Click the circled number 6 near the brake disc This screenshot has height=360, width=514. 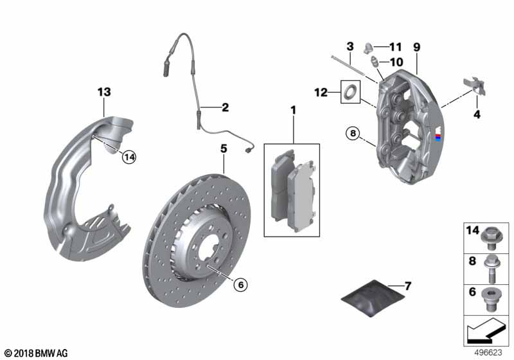[240, 285]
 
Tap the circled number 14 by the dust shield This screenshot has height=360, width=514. [130, 157]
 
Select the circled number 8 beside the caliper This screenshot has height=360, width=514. [353, 133]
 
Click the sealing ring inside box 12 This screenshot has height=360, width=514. [350, 91]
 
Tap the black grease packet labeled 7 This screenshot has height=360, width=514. [373, 298]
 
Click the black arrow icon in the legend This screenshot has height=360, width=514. [485, 330]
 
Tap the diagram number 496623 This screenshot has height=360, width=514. [488, 352]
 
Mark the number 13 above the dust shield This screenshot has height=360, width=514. [104, 92]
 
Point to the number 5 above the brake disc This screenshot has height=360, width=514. [224, 148]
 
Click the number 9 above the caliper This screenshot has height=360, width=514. [416, 47]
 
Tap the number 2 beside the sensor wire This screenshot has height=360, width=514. [226, 107]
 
